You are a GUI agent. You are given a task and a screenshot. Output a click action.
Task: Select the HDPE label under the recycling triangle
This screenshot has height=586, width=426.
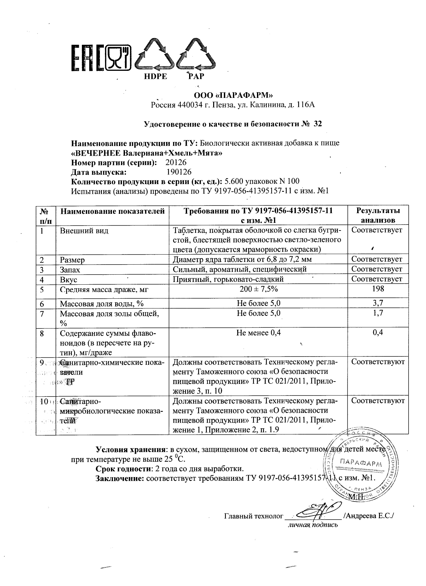tap(155, 77)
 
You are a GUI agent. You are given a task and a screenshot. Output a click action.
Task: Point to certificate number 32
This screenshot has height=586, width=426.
tap(318, 124)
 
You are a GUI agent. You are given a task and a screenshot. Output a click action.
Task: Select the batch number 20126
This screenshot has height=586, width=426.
tap(176, 163)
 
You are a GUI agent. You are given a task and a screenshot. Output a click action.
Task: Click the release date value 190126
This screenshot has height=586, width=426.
tap(179, 172)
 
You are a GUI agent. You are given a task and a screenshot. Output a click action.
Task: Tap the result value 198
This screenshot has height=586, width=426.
tap(378, 289)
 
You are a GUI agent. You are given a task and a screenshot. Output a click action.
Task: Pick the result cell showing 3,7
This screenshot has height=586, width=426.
tap(378, 303)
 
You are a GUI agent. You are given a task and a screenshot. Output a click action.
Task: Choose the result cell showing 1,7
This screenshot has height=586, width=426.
tap(378, 313)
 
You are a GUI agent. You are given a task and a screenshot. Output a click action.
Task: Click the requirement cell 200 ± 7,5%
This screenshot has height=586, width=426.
tap(258, 289)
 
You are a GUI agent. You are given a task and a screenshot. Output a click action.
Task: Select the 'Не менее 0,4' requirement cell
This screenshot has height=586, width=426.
tap(258, 332)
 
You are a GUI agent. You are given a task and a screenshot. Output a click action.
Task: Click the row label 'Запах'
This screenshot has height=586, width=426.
tap(70, 269)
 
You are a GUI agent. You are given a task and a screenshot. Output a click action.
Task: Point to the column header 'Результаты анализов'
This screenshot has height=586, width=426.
tap(378, 215)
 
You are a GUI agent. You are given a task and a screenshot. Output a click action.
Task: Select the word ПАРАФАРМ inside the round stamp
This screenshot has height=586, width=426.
tap(362, 463)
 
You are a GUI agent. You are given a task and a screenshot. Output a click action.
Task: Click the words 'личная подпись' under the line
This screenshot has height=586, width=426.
tap(313, 525)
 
